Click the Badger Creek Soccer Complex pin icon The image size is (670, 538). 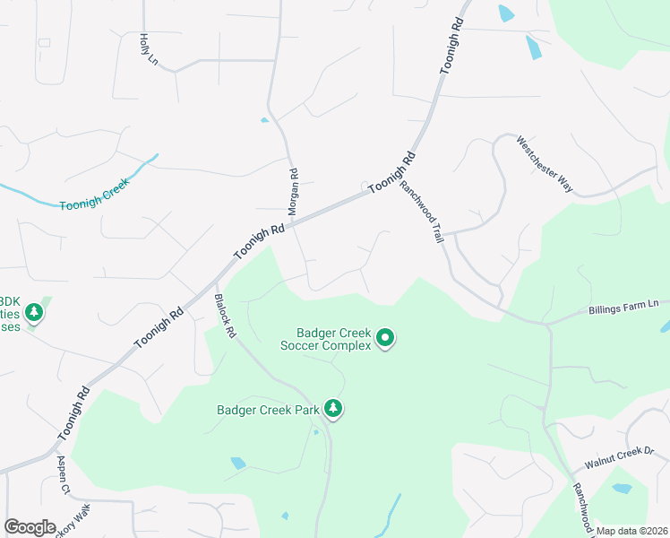click(385, 338)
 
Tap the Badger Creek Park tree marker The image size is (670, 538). click(333, 410)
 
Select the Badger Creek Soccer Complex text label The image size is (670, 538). click(325, 338)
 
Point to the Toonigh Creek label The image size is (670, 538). click(95, 194)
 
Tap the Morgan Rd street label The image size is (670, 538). click(292, 191)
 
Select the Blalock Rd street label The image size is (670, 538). click(225, 317)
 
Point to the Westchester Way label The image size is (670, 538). click(545, 163)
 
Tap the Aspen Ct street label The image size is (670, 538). click(64, 474)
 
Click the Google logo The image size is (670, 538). click(30, 527)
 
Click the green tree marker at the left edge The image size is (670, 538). click(34, 312)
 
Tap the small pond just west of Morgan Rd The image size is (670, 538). click(264, 120)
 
